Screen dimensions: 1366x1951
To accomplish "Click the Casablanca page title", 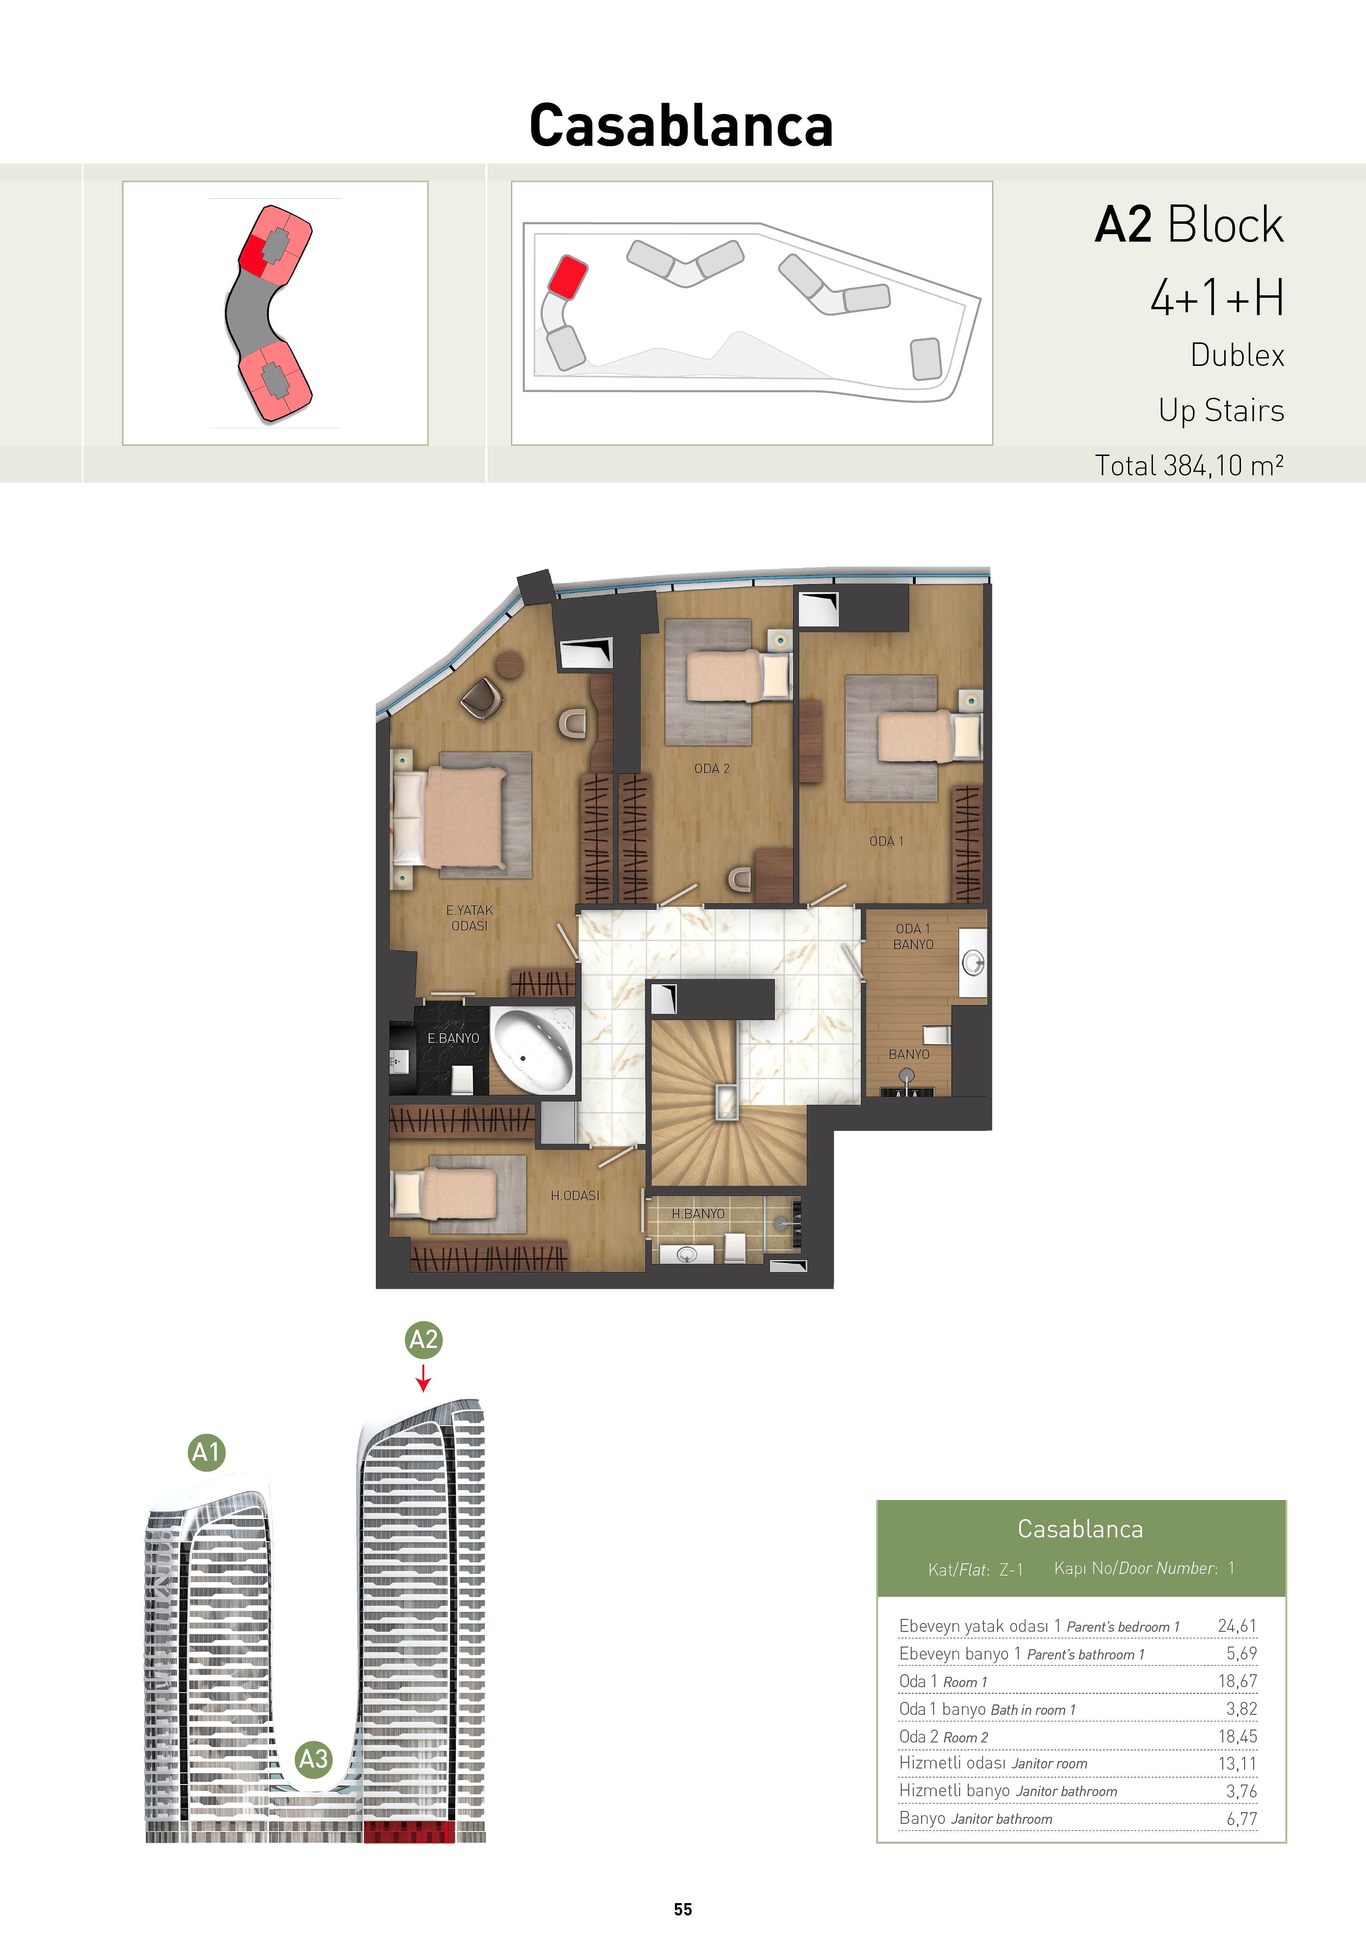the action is click(x=681, y=126).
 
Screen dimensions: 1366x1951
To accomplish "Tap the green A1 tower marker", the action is click(x=207, y=1452).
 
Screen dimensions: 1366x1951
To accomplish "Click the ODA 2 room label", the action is click(x=711, y=768).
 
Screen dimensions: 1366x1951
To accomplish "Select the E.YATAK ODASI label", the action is click(x=469, y=918).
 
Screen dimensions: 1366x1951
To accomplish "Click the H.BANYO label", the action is click(x=698, y=1213).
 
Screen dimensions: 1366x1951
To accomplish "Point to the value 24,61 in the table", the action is click(x=1237, y=1626).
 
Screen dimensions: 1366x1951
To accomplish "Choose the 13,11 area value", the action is click(x=1237, y=1763).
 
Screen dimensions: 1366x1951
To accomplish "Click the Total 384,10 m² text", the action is click(x=1188, y=466).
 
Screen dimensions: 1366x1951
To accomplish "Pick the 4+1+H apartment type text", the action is click(x=1216, y=298).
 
